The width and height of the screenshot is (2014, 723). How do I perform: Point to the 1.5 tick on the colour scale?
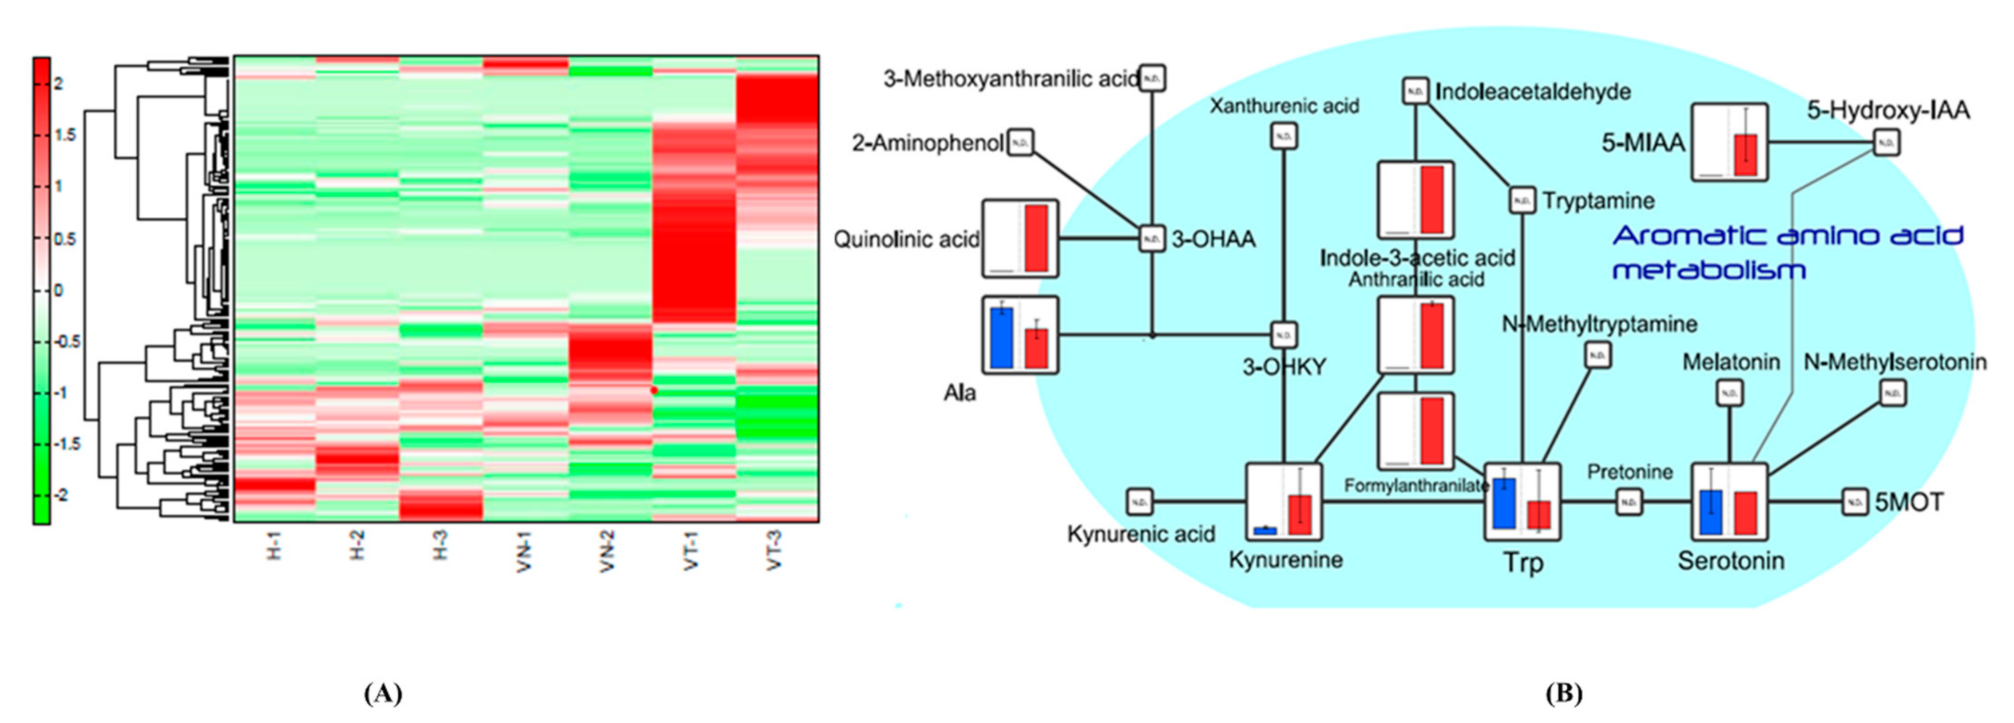click(x=66, y=135)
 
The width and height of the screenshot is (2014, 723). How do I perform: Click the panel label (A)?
click(x=383, y=693)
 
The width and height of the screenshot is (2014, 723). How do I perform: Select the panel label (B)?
click(x=1564, y=693)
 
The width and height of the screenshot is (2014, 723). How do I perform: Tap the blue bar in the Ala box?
click(x=1001, y=337)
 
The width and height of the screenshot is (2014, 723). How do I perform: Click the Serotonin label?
click(x=1731, y=561)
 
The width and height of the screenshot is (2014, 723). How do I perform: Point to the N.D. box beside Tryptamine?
click(x=1522, y=201)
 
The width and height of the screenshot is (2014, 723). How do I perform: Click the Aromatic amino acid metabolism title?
click(x=1787, y=252)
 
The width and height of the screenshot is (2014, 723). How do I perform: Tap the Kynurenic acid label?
click(x=1141, y=535)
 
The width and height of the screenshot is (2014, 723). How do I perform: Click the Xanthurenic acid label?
click(x=1284, y=105)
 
